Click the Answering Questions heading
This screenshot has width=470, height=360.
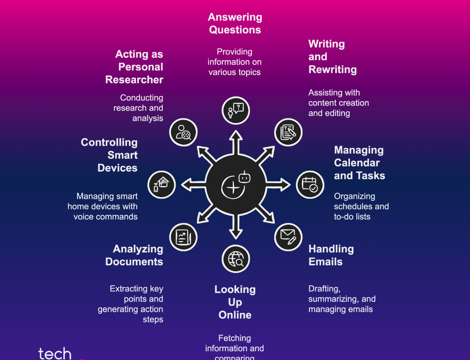(x=235, y=23)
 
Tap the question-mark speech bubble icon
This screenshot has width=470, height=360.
(x=236, y=110)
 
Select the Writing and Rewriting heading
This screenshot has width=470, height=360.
(x=332, y=57)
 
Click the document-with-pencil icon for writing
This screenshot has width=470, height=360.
(x=288, y=132)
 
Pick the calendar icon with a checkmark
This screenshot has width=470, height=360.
(x=310, y=185)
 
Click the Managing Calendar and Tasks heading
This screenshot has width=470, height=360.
(x=359, y=163)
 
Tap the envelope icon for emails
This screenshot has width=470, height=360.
(x=288, y=237)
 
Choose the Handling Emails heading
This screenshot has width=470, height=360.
(x=331, y=255)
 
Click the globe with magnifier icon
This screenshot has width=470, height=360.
(x=236, y=259)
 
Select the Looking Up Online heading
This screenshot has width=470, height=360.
(x=235, y=302)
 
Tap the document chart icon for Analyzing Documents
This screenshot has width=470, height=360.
(x=183, y=237)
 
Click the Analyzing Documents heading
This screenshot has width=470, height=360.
(x=134, y=255)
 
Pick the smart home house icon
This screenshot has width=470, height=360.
(x=161, y=185)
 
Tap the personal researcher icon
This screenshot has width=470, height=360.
(x=183, y=132)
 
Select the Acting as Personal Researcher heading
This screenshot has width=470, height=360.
(x=135, y=67)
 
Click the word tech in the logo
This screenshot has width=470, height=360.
(x=55, y=353)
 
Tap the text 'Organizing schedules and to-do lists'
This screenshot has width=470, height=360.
(x=361, y=206)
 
